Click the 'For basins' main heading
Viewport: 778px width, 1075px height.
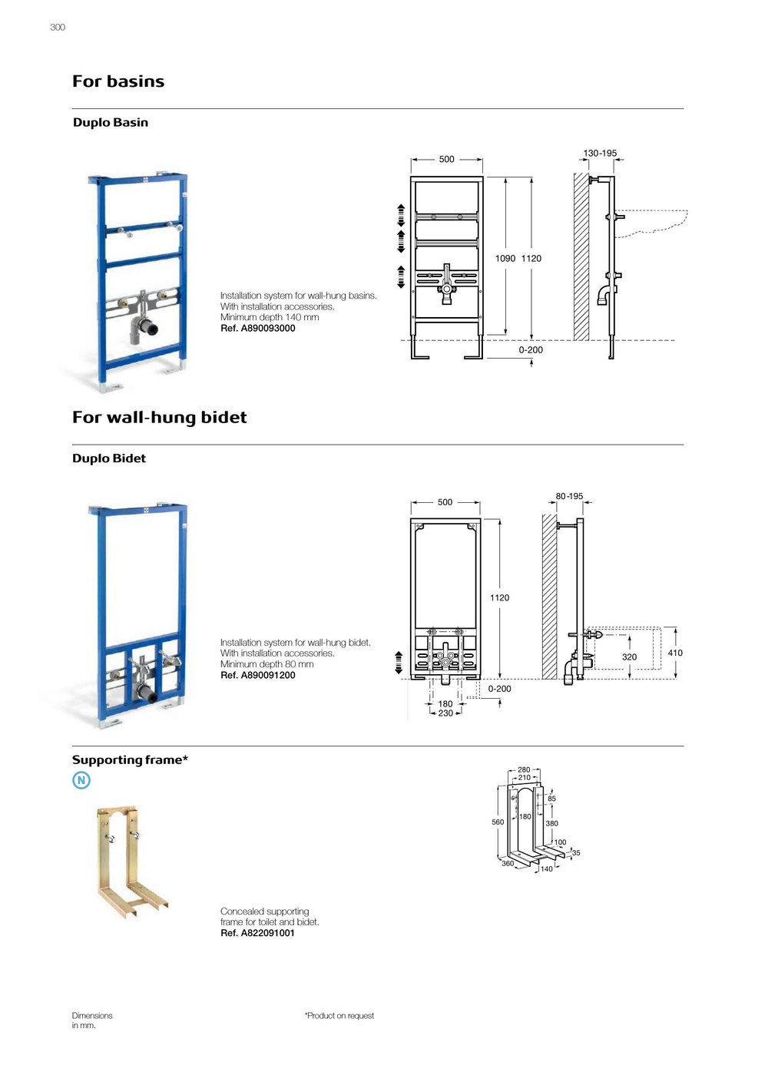118,81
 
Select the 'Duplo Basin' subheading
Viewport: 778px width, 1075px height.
111,123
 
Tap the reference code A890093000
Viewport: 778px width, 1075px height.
258,329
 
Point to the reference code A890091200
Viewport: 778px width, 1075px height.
258,676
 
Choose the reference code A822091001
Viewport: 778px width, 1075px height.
257,934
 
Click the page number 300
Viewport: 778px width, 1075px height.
58,28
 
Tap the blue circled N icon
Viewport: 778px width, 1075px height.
81,781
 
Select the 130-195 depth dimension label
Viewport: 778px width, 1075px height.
600,154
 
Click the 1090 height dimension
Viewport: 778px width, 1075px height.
505,259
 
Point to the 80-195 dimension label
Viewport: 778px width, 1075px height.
569,497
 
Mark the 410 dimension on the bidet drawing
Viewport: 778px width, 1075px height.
675,653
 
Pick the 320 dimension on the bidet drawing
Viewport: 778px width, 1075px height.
629,657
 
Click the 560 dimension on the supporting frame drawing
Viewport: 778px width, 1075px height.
498,822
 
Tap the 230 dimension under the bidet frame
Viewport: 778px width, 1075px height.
445,714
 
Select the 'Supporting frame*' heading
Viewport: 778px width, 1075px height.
130,760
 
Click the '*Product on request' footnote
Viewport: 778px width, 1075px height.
339,1016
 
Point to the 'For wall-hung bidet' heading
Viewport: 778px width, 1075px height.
160,418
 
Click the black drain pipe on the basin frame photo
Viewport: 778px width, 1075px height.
150,329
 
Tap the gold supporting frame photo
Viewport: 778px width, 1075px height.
131,860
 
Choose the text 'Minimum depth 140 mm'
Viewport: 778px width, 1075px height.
270,318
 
